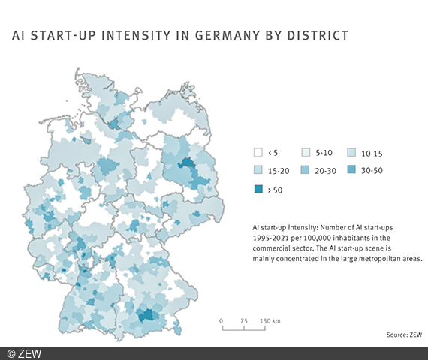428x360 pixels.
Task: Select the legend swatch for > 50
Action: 258,190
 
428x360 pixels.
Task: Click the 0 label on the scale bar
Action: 222,320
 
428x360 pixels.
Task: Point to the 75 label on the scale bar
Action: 244,320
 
